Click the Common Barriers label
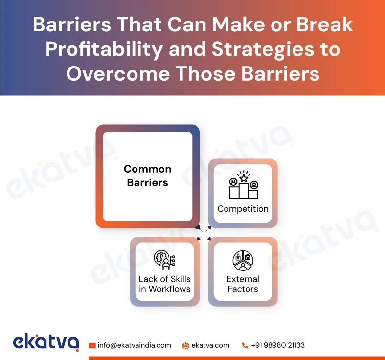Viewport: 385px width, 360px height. tap(147, 176)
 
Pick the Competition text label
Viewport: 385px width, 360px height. tap(243, 209)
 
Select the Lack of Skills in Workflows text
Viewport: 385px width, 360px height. tap(164, 284)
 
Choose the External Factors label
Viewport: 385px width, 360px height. tap(243, 284)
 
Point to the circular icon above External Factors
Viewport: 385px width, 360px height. tap(243, 260)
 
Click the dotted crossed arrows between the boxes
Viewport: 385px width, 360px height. tap(203, 233)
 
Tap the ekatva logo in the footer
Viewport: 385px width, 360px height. tap(46, 342)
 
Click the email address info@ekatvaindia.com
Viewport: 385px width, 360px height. tap(134, 345)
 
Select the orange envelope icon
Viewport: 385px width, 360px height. tap(92, 345)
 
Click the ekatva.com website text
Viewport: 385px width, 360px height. tap(210, 345)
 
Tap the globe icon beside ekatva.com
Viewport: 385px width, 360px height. tap(186, 345)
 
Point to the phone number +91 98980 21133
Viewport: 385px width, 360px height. tap(278, 345)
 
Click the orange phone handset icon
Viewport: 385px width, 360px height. tap(245, 345)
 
